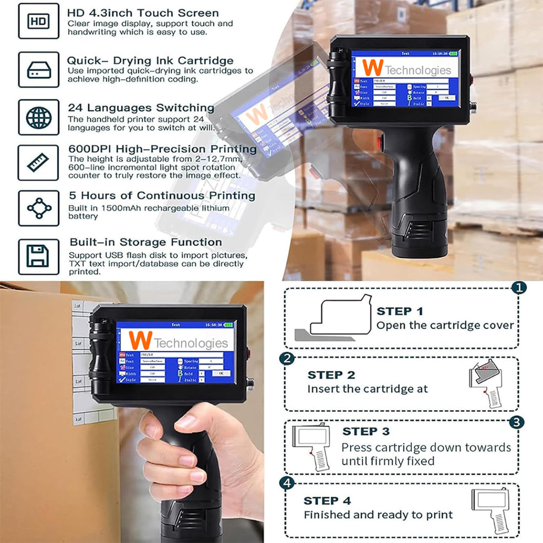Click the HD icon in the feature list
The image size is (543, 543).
click(39, 21)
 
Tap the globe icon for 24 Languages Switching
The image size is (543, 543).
click(39, 117)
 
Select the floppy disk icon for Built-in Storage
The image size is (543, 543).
click(39, 257)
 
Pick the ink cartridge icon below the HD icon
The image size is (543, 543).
click(39, 69)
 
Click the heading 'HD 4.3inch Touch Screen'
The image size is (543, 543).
click(143, 13)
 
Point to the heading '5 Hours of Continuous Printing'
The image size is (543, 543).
click(162, 195)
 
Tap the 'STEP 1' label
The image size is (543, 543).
click(399, 311)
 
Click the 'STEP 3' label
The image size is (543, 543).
click(366, 432)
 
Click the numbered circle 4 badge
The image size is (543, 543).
click(286, 483)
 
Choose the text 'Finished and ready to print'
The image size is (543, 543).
click(378, 514)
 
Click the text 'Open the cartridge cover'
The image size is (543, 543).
click(445, 325)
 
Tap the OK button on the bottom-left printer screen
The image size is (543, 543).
click(221, 373)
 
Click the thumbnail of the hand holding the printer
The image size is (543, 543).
click(132, 412)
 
